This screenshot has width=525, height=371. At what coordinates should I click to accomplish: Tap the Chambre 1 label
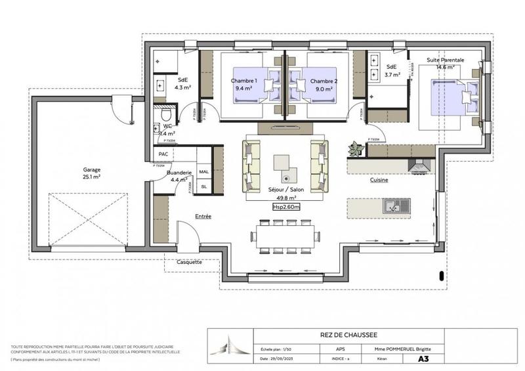243,81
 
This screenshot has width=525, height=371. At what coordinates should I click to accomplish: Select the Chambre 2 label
322,81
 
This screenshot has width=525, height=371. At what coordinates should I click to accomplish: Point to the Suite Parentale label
446,60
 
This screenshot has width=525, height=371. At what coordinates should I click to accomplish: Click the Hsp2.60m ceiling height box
286,206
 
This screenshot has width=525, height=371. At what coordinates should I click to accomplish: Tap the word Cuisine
379,179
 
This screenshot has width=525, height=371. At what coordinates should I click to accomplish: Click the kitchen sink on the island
395,206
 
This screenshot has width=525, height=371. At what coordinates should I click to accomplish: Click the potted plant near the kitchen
356,148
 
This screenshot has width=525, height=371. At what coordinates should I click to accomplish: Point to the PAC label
163,154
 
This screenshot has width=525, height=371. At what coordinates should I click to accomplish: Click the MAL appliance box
203,171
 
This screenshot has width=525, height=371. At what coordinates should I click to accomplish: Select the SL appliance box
203,186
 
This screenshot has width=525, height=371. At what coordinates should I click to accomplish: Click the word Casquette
189,262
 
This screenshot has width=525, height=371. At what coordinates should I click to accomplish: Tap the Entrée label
203,216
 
